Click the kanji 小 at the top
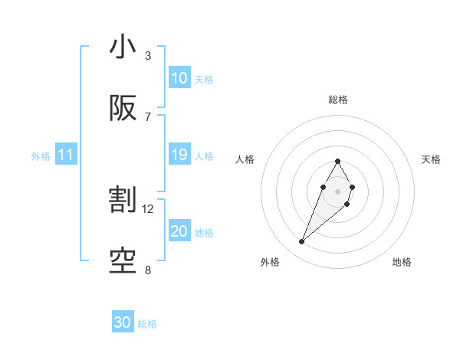click(x=123, y=47)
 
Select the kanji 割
click(x=123, y=201)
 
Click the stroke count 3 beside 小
click(x=148, y=56)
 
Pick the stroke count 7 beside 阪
click(x=148, y=116)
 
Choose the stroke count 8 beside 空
click(x=148, y=270)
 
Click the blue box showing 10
click(x=179, y=78)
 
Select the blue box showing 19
click(x=179, y=155)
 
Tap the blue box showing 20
click(x=179, y=232)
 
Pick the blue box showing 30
click(x=123, y=322)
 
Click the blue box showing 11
click(x=66, y=155)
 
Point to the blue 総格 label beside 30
click(x=147, y=324)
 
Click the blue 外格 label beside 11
click(x=41, y=156)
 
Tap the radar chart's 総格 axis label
click(x=337, y=100)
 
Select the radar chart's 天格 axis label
click(x=431, y=159)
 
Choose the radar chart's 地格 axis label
click(x=402, y=262)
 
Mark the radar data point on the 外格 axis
click(x=301, y=242)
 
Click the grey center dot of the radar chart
click(x=337, y=190)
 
